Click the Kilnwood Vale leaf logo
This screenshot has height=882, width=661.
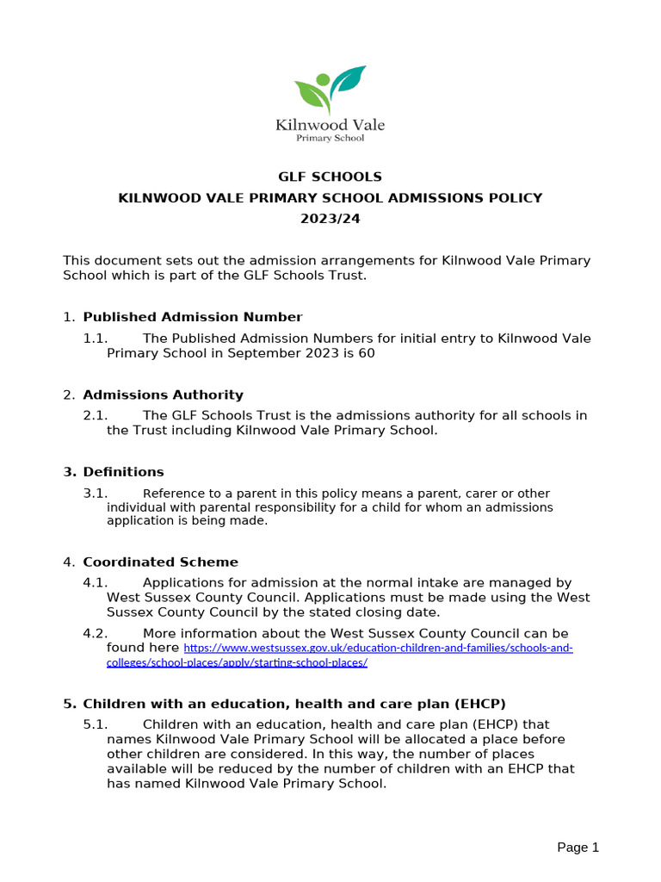330,89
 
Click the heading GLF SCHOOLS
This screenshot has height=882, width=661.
330,177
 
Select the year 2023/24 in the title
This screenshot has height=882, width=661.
330,219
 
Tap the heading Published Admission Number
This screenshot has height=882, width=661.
192,317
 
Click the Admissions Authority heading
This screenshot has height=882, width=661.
163,394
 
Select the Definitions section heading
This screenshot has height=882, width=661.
123,472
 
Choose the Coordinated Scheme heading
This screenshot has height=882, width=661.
160,562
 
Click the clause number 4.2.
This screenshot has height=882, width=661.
95,633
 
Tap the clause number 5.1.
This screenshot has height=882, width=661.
95,724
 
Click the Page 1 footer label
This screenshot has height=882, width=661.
578,848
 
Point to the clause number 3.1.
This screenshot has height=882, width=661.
95,494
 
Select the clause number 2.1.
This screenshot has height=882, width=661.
95,415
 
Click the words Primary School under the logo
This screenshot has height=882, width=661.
330,138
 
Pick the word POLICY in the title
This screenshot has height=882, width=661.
516,198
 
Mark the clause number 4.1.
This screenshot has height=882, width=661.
95,583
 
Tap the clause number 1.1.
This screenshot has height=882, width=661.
95,338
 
